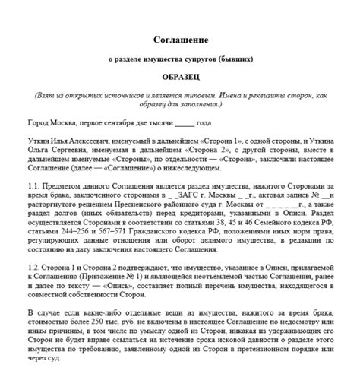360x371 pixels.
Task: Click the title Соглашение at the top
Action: (180, 38)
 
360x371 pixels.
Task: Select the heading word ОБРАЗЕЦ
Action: (180, 78)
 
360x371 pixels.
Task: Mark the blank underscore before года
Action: (184, 123)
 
